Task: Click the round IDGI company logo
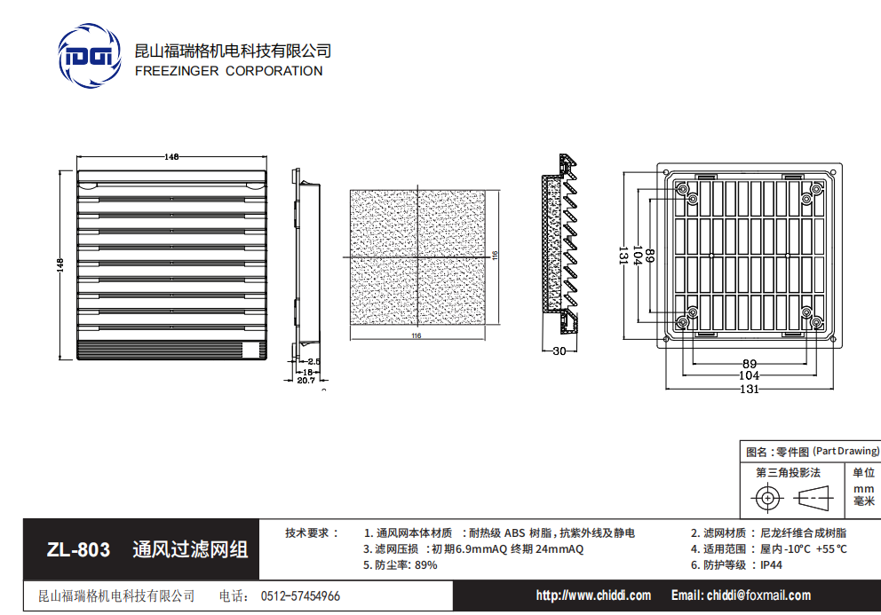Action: [90, 58]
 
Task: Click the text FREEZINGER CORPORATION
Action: [228, 71]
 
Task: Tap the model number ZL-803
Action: [78, 550]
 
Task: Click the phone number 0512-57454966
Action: [300, 596]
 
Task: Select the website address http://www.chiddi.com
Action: [593, 595]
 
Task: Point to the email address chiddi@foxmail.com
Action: [741, 595]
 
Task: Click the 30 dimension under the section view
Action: [559, 351]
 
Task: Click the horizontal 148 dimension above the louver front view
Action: [171, 156]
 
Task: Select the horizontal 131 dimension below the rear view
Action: [749, 389]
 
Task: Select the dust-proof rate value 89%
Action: [426, 564]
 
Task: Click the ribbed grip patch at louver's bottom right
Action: [255, 349]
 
